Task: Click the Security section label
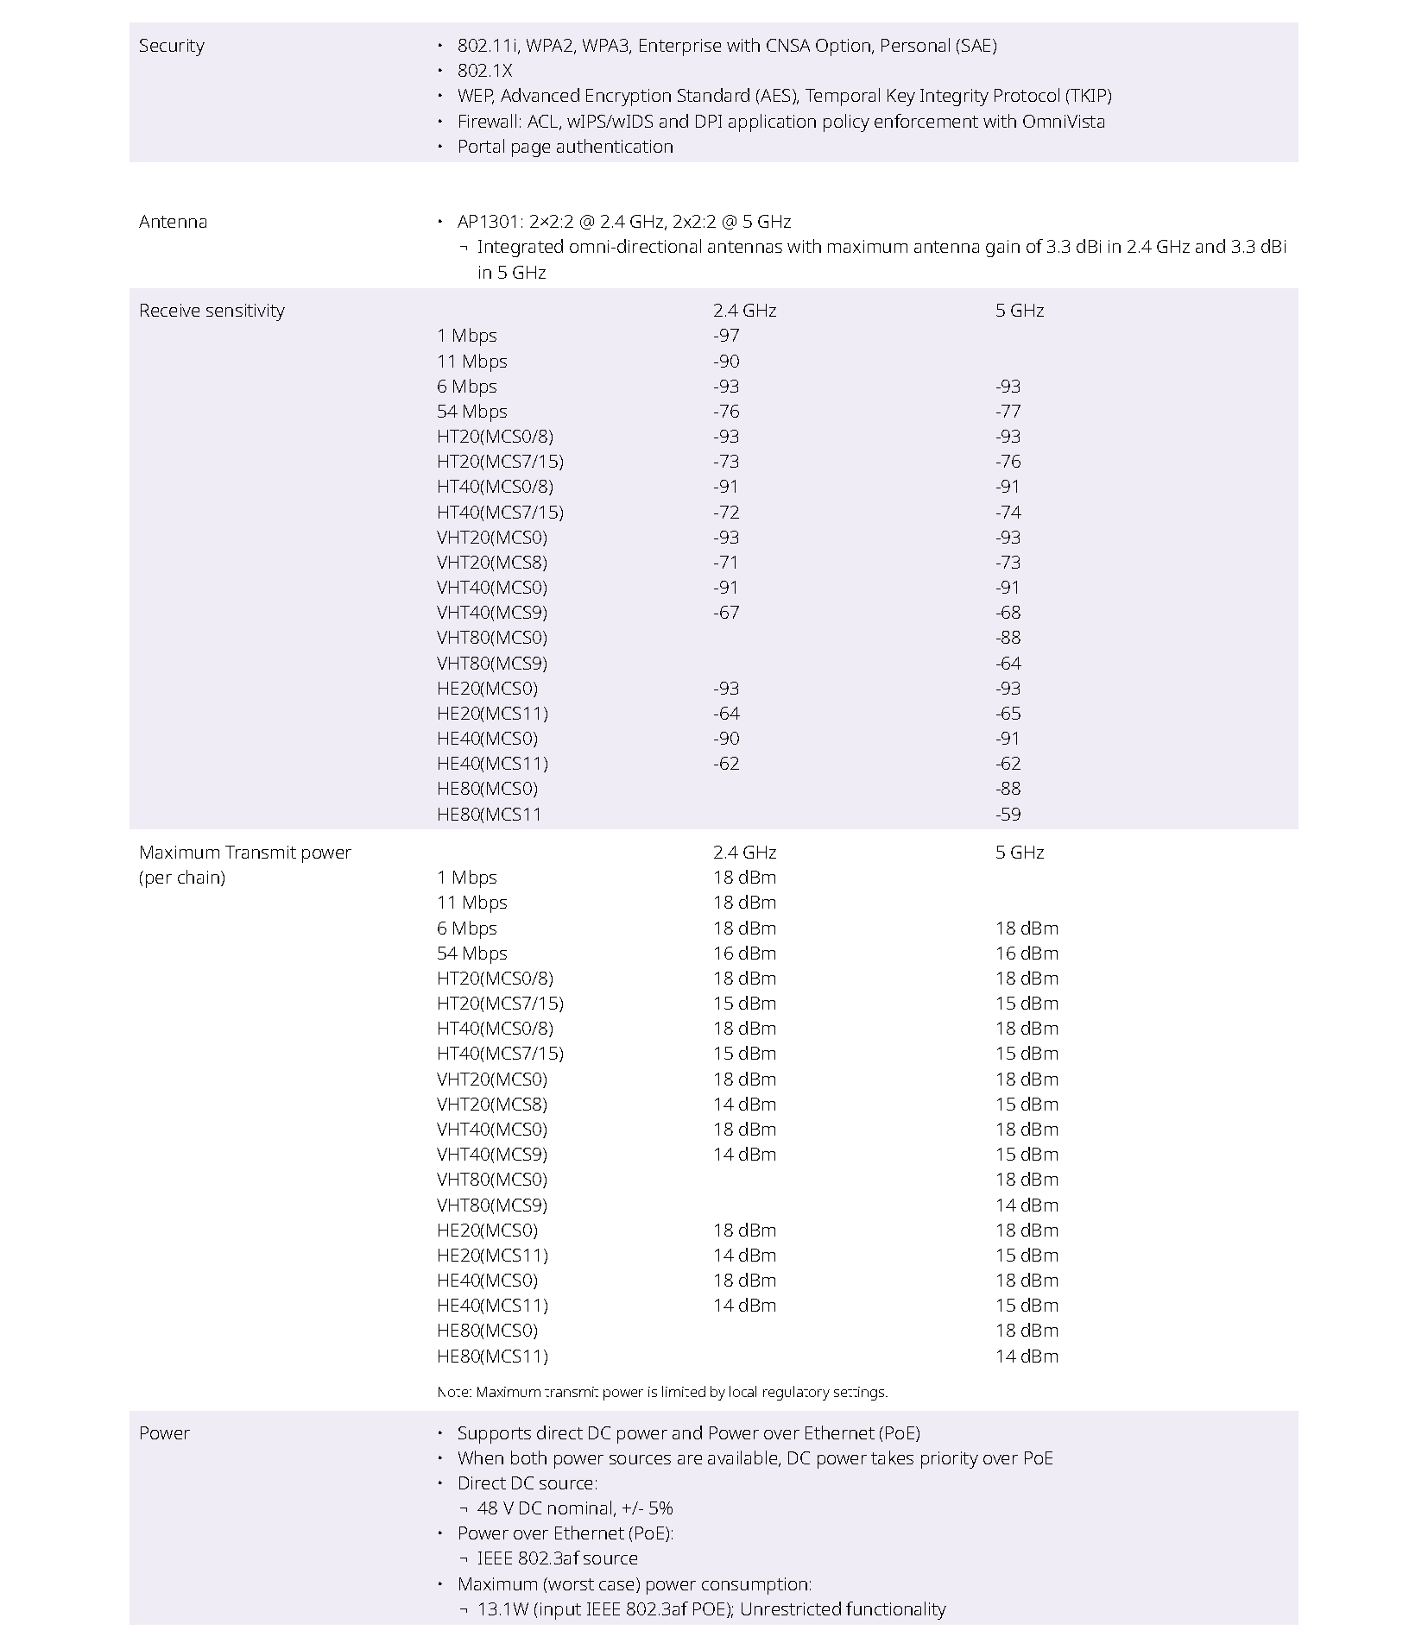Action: point(171,46)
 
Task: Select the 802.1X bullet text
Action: point(484,71)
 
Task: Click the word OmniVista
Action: point(1063,122)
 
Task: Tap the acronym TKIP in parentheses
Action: point(1088,96)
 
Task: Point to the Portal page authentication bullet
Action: point(565,147)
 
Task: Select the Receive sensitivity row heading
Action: point(212,311)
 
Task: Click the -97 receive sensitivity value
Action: point(726,336)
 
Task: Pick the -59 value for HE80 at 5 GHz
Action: point(1008,815)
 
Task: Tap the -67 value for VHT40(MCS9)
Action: point(726,613)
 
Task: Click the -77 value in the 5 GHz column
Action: point(1008,412)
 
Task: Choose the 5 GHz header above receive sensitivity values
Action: point(1019,311)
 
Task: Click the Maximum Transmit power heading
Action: point(244,853)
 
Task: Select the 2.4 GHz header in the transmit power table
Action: point(744,853)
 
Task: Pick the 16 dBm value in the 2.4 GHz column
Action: point(744,954)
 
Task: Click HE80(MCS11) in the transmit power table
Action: point(492,1357)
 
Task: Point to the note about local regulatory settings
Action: point(662,1392)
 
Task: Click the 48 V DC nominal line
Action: point(574,1508)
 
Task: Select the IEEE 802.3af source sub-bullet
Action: point(557,1558)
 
